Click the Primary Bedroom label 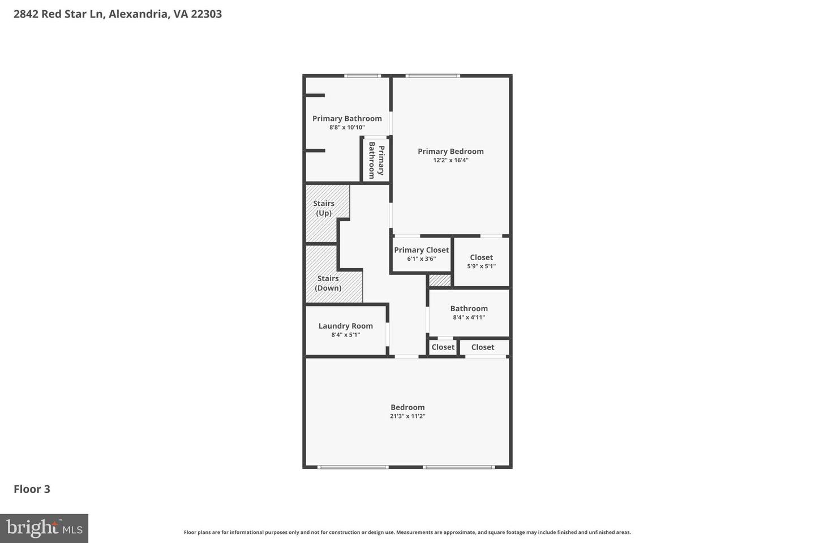click(x=451, y=151)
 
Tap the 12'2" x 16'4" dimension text click(x=451, y=160)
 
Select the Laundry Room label click(x=345, y=326)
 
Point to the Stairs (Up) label click(x=324, y=208)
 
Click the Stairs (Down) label click(x=328, y=283)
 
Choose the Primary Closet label click(x=422, y=250)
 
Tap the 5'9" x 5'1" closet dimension click(x=481, y=266)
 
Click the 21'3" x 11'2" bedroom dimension click(x=407, y=416)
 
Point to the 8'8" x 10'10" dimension click(x=347, y=127)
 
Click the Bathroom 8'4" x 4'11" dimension click(x=469, y=317)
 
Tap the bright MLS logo click(x=44, y=528)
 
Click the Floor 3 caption click(x=32, y=489)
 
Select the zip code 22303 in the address click(x=206, y=14)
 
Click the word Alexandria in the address click(x=138, y=14)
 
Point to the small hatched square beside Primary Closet click(x=440, y=280)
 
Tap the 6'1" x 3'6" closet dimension click(x=422, y=259)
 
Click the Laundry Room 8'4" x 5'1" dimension click(x=345, y=335)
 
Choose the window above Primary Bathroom click(x=363, y=76)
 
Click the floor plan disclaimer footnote click(x=407, y=532)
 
